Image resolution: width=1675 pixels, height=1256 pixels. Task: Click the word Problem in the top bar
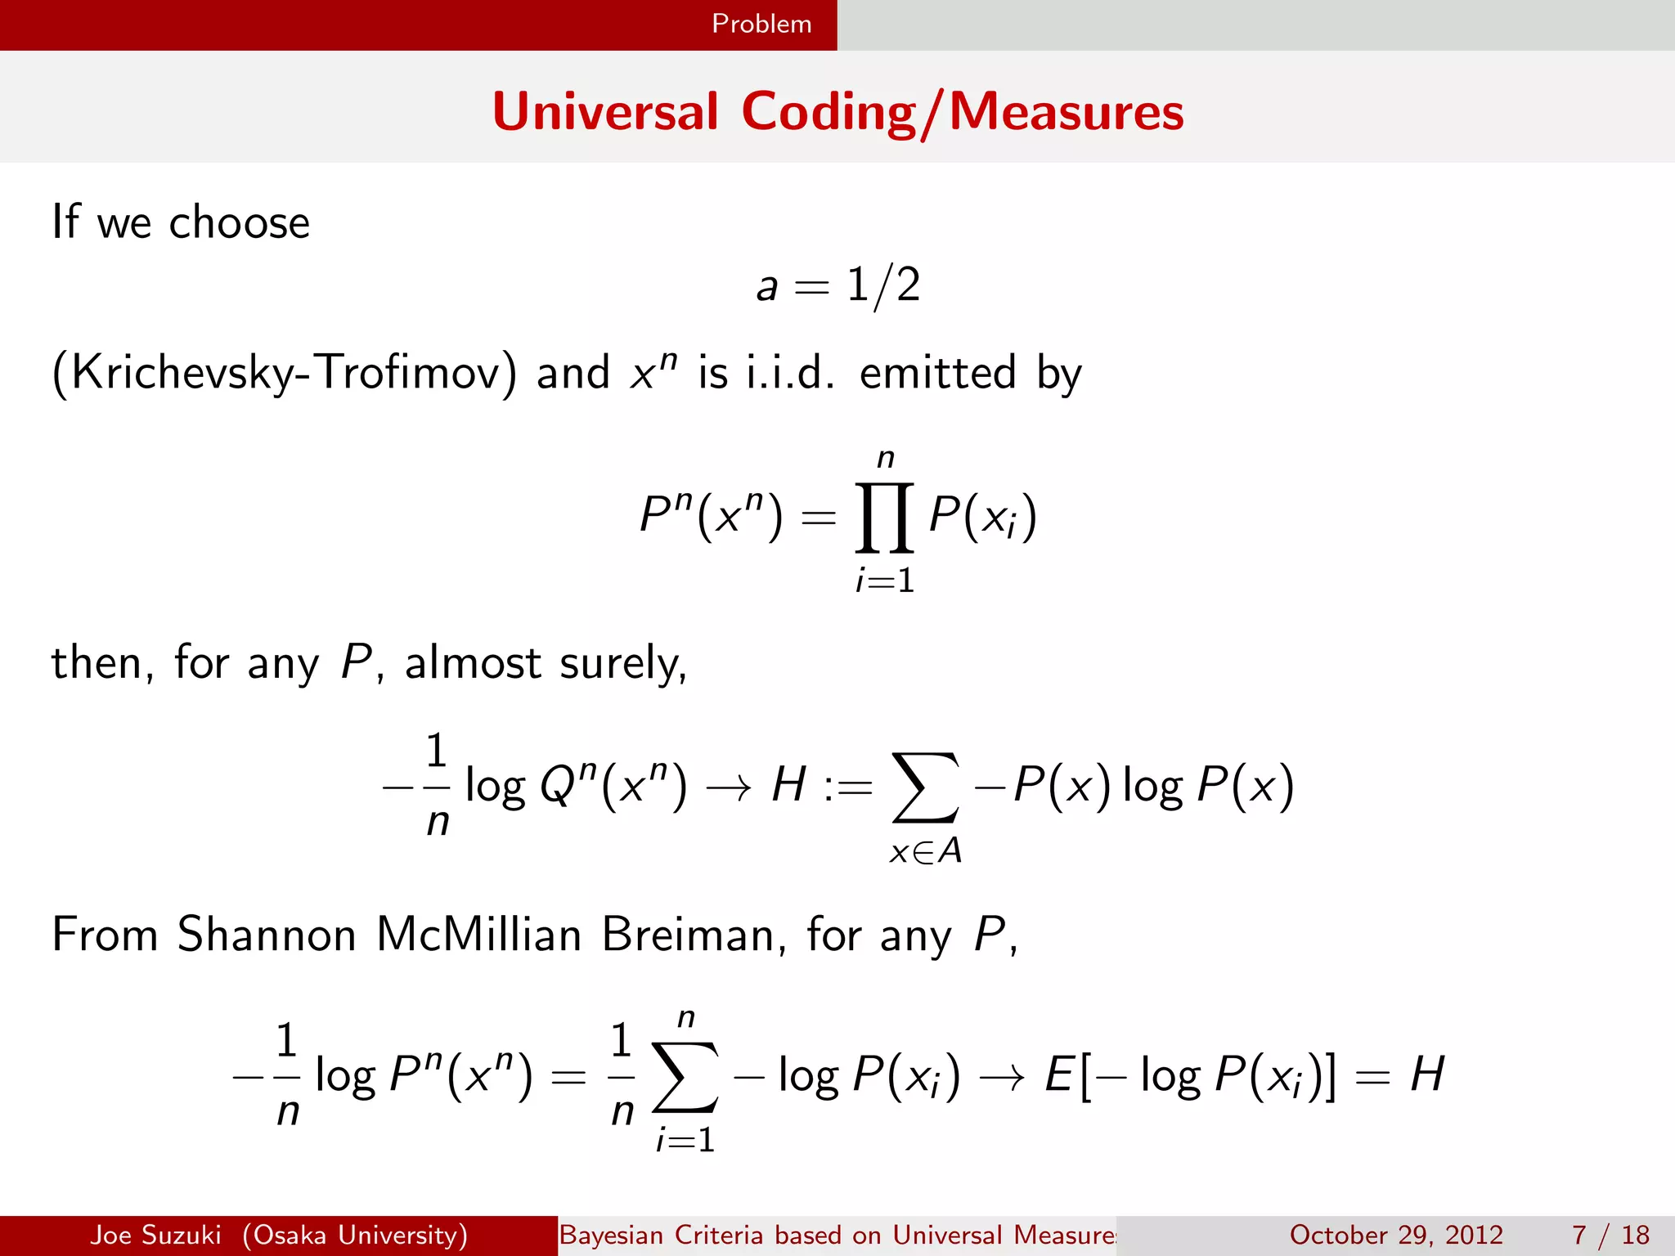click(x=761, y=24)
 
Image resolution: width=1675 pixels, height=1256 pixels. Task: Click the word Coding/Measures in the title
click(x=963, y=112)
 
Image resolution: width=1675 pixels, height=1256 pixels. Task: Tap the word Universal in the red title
click(x=605, y=112)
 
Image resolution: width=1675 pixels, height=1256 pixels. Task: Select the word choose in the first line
click(x=239, y=222)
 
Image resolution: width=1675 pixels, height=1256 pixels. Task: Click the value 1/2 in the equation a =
click(x=883, y=286)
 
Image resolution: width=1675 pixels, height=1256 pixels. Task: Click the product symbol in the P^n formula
click(x=884, y=518)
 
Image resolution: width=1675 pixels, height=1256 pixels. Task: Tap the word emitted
click(x=938, y=373)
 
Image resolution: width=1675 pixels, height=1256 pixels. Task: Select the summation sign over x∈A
click(x=925, y=787)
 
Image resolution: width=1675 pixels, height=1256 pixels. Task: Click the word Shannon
click(x=267, y=934)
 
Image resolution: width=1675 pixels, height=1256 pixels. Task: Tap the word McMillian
click(x=478, y=934)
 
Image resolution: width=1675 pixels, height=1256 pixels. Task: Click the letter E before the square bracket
click(x=1058, y=1074)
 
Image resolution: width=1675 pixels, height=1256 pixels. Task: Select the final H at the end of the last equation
click(x=1427, y=1074)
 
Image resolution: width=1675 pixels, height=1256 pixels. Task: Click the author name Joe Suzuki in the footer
click(x=155, y=1235)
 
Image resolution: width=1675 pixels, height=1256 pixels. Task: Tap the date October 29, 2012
click(x=1396, y=1235)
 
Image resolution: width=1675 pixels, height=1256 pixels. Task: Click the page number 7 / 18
click(x=1610, y=1235)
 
